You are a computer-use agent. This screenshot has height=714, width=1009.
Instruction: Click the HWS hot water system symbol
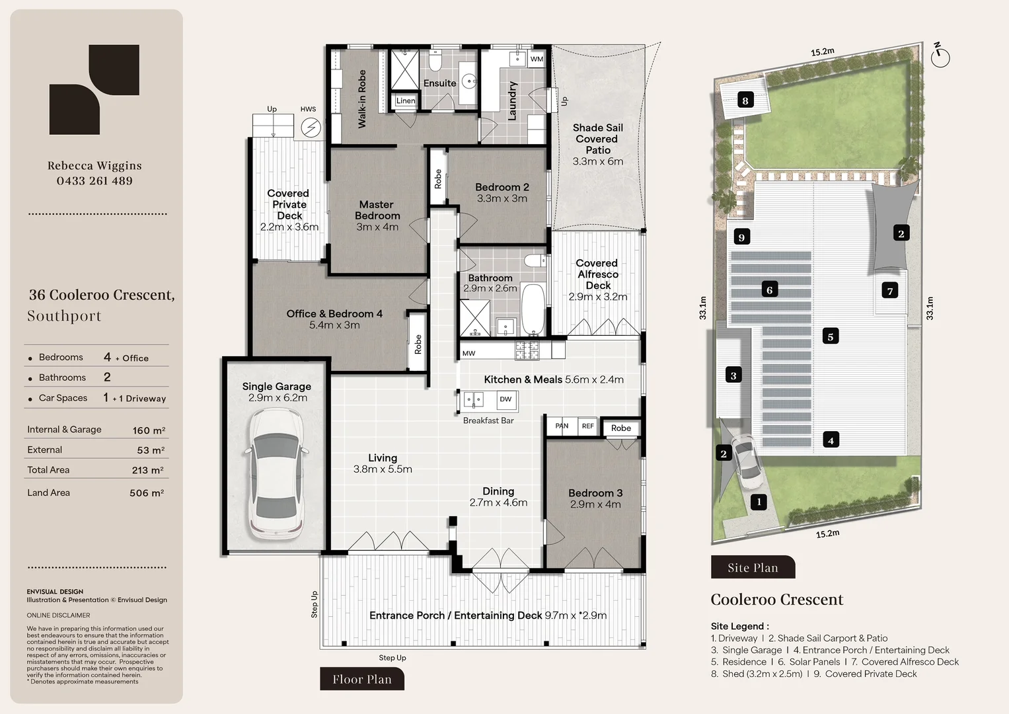coord(311,128)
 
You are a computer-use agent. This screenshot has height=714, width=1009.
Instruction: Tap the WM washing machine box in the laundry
coord(536,59)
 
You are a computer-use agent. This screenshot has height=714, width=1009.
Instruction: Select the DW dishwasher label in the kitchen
coord(505,399)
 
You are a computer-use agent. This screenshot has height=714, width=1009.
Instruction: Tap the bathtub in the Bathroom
coord(533,309)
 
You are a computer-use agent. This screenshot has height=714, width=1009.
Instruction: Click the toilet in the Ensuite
coord(435,60)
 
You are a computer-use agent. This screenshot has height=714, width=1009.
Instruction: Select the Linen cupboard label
coord(406,100)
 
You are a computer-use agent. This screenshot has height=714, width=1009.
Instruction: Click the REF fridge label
coord(587,426)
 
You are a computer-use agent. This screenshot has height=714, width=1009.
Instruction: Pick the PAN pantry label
coord(562,426)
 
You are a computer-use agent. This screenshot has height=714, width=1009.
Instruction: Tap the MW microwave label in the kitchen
coord(468,354)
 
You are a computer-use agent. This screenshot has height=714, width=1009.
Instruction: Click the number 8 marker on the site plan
coord(745,100)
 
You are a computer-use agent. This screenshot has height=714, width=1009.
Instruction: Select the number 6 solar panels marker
coord(769,290)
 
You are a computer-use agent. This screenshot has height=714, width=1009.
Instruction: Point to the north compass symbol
coord(940,57)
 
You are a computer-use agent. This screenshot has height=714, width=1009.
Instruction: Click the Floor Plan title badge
coord(362,679)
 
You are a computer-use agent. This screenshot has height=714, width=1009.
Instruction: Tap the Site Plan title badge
coord(753,567)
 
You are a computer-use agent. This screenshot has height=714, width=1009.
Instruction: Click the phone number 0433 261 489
coord(94,180)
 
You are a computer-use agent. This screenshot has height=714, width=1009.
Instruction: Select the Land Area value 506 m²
coord(147,493)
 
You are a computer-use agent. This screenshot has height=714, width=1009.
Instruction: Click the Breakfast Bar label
coord(488,420)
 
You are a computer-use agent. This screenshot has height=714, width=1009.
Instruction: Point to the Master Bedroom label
coord(377,210)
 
